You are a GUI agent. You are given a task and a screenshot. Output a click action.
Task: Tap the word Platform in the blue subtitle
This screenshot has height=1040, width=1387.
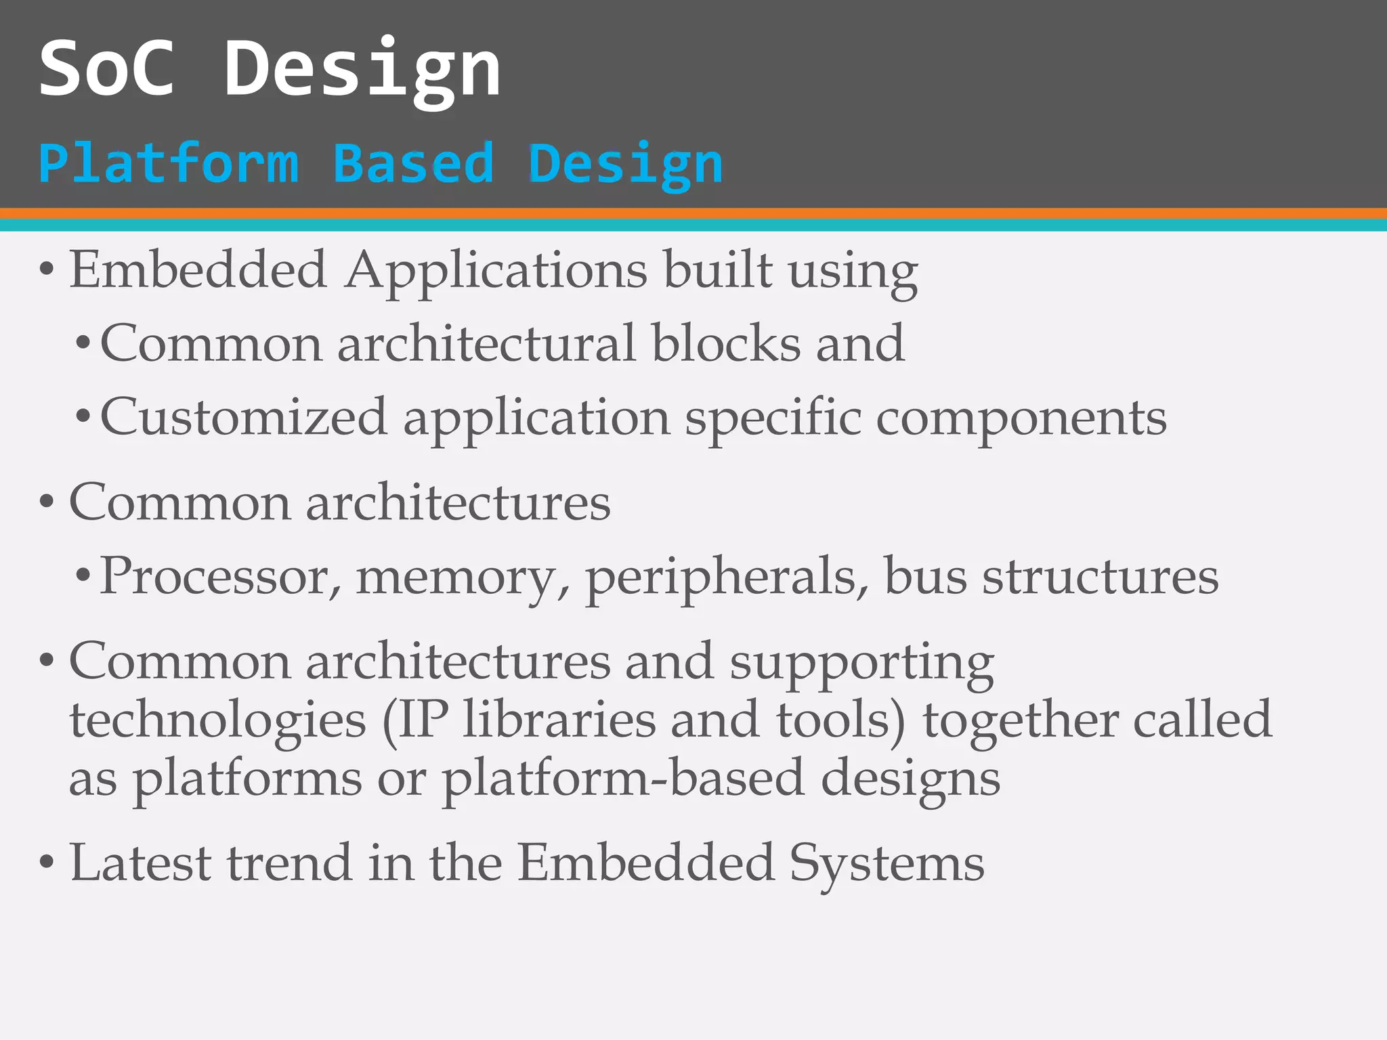tap(169, 164)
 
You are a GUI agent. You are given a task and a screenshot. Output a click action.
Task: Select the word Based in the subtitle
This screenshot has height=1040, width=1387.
tap(413, 164)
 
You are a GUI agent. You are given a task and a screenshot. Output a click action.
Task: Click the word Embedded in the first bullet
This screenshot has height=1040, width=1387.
tap(198, 270)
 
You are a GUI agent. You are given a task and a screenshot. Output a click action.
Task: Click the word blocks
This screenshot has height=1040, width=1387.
tap(725, 343)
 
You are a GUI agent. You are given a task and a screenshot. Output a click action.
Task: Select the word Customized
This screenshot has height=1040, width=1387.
tap(244, 417)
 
